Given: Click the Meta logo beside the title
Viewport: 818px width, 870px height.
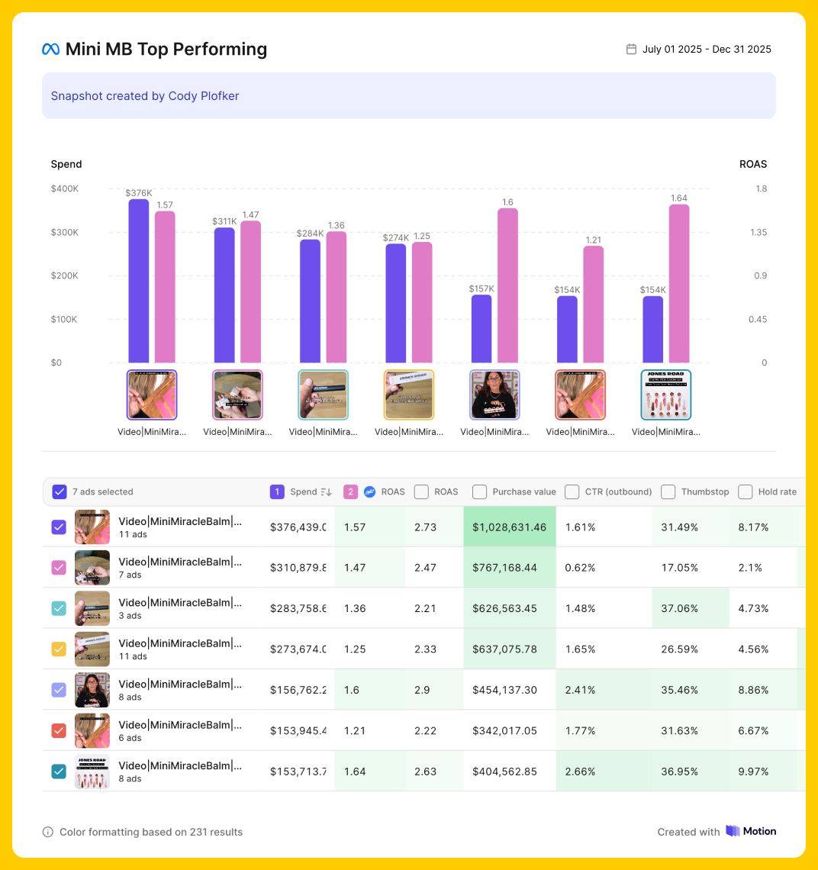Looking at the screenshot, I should coord(50,50).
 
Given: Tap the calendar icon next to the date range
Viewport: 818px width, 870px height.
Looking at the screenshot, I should coord(631,50).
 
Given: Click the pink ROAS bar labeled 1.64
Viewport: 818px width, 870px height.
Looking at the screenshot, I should coord(679,283).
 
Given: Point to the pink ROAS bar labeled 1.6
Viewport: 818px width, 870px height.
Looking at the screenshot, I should coord(507,285).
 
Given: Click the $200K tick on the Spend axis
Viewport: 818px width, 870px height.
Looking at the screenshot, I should coord(65,275).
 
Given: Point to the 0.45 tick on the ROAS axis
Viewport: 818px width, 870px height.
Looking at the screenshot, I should coord(758,319).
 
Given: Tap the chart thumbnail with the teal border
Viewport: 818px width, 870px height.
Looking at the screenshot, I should coord(323,395).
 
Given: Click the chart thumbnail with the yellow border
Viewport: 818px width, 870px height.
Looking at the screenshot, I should coord(409,395).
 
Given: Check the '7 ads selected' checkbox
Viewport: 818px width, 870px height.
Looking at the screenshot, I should coord(60,491).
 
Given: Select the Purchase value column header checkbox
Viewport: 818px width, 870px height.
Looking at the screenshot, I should coord(479,491).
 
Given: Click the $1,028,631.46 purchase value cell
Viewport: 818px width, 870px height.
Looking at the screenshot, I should coord(509,527).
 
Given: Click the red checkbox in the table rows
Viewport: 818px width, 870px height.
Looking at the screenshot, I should coord(59,730).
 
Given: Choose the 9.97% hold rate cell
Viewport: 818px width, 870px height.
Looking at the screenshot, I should coord(753,772).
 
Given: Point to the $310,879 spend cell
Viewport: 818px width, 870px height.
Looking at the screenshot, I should coord(298,568).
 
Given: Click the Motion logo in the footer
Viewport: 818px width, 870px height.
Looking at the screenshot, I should coord(751,831).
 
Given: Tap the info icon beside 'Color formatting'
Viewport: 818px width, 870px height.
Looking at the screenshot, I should coord(48,832).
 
